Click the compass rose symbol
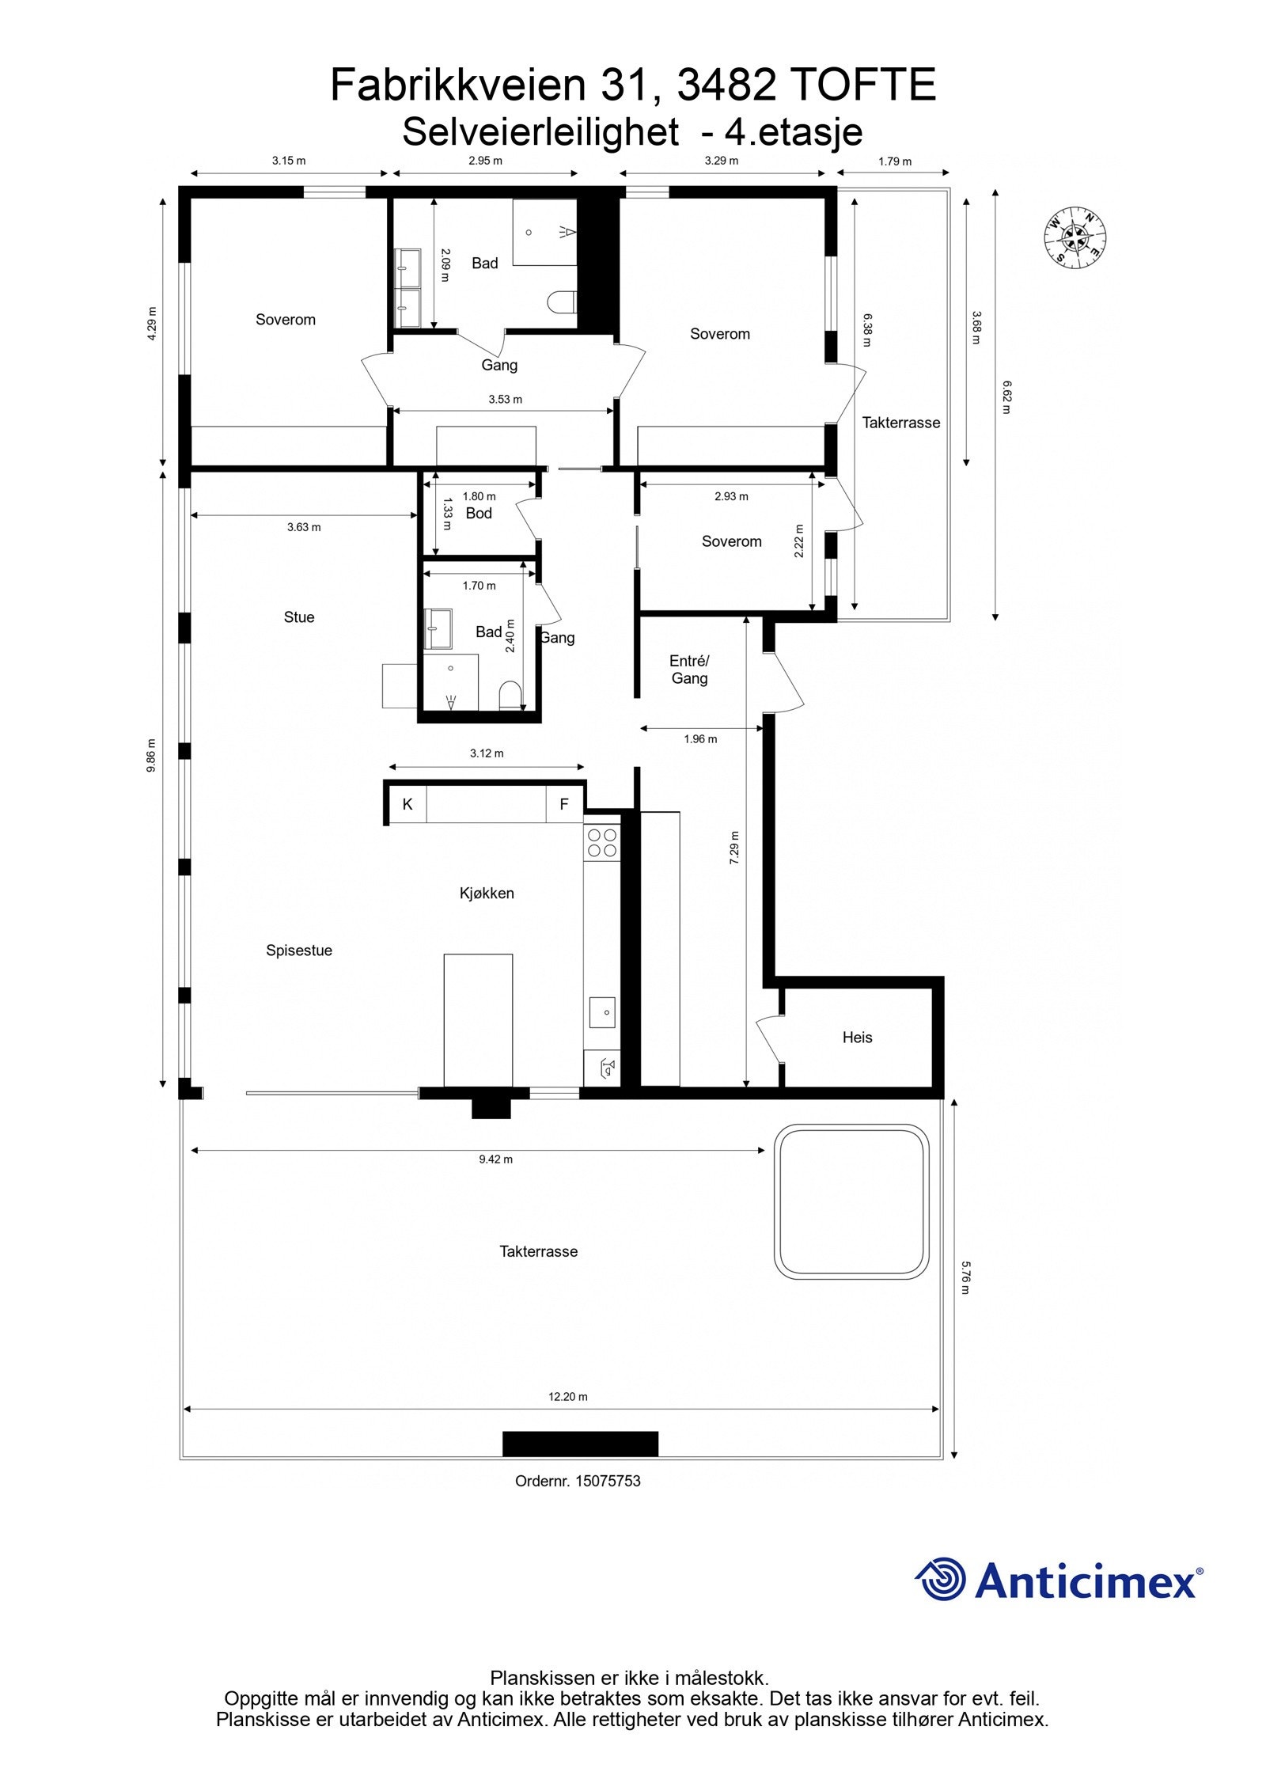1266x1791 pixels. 1075,236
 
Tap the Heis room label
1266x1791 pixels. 857,1037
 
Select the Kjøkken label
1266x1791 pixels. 487,893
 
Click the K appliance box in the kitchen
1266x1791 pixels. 407,804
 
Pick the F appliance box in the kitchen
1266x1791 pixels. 564,804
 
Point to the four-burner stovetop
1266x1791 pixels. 601,842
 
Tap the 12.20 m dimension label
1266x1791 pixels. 567,1396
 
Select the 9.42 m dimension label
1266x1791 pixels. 495,1159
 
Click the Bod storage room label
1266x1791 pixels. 479,513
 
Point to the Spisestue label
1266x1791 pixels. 298,951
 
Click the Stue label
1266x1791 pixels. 299,617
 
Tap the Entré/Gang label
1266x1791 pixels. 689,669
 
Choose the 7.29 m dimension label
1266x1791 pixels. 734,847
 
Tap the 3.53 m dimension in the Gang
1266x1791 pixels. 505,399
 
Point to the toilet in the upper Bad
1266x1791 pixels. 563,302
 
